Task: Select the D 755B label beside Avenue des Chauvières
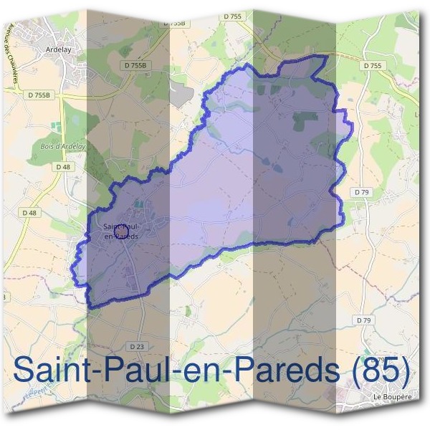tap(39, 94)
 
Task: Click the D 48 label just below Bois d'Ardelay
tap(63, 167)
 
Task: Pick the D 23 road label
tap(137, 346)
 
